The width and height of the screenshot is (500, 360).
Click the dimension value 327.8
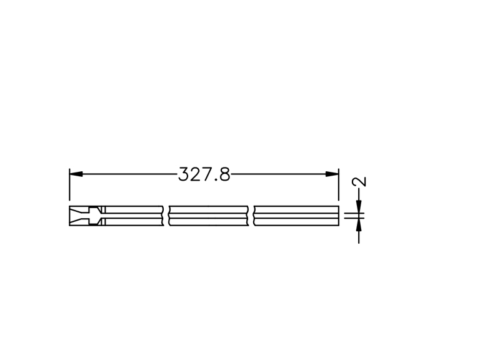tap(204, 174)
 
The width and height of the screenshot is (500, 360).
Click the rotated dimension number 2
tap(359, 182)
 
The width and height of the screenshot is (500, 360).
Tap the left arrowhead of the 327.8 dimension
tap(76, 174)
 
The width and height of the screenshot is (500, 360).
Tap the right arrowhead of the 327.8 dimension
tap(332, 174)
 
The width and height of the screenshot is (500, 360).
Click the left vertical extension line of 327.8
tap(69, 184)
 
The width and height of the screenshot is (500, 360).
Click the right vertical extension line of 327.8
tap(339, 184)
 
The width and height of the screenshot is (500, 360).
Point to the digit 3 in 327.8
tap(183, 174)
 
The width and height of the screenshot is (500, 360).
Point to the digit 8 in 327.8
tap(225, 174)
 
